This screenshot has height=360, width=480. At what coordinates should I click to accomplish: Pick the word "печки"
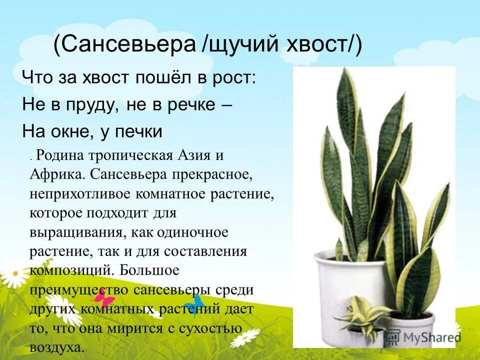(138, 132)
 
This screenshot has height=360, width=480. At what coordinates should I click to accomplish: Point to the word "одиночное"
(192, 232)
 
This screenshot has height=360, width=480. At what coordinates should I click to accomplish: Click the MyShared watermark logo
(422, 336)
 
